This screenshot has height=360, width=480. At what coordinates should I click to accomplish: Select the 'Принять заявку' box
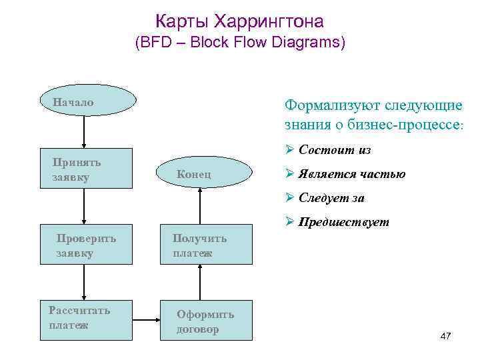pos(83,171)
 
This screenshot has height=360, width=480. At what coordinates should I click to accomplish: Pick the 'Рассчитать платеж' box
pos(83,318)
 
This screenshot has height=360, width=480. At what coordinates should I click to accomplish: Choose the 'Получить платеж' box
pos(207,245)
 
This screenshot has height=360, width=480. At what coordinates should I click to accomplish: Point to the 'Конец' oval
pos(207,173)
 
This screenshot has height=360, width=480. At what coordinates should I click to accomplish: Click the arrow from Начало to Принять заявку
pos(83,134)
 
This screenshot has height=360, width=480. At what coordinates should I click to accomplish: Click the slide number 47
pos(446,337)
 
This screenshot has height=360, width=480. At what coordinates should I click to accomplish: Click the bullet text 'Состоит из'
pos(335,150)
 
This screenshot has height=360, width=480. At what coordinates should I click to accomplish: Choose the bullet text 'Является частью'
pos(352,174)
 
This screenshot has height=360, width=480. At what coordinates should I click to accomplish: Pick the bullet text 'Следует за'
pos(331,198)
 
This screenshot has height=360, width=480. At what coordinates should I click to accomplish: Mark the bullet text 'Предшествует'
pos(343,222)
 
